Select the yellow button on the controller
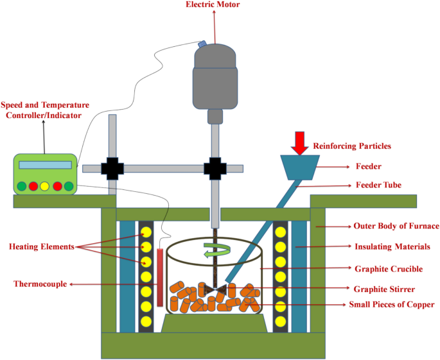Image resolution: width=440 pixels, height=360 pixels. click(x=45, y=187)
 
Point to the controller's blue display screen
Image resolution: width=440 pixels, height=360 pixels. click(x=44, y=165)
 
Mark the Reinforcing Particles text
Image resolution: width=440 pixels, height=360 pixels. click(x=352, y=146)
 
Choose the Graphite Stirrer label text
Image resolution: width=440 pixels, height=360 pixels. click(x=385, y=289)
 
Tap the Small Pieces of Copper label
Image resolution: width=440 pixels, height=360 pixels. click(x=391, y=304)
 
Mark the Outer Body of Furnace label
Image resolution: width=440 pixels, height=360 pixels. click(x=396, y=226)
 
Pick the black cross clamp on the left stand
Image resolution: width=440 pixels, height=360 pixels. click(x=113, y=168)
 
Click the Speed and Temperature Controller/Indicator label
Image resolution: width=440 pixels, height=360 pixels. click(x=45, y=110)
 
